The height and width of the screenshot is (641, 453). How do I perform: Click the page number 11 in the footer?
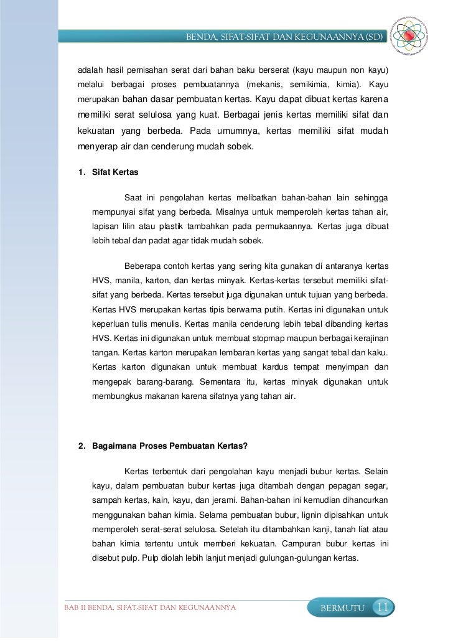click(383, 607)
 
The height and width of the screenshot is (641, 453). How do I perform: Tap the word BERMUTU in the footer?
click(342, 608)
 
